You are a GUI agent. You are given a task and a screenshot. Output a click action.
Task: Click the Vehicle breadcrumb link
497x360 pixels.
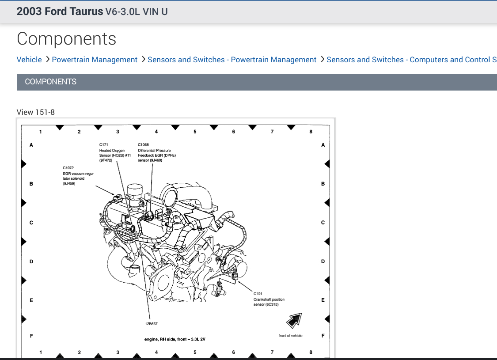[29, 60]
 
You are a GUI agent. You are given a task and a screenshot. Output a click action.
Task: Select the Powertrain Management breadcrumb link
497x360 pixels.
[95, 60]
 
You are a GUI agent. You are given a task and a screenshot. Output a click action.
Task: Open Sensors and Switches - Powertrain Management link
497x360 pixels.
[232, 60]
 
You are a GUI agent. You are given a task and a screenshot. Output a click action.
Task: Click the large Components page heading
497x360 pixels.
[66, 39]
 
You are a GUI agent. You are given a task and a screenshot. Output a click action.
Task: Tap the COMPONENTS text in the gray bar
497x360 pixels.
[50, 82]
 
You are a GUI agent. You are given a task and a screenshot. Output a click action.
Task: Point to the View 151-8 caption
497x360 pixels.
[36, 112]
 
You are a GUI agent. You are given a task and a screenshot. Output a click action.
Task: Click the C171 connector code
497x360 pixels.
[104, 144]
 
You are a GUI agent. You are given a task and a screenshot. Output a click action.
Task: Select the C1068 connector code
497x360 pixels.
[144, 144]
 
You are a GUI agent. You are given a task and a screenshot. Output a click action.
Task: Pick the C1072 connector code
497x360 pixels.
[68, 168]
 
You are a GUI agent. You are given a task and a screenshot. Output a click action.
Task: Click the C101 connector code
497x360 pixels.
[258, 293]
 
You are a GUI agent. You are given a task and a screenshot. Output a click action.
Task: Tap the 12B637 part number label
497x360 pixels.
[152, 324]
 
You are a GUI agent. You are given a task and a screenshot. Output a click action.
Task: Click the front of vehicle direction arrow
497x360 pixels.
[294, 320]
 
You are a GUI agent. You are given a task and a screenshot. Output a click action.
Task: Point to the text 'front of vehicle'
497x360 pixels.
[290, 336]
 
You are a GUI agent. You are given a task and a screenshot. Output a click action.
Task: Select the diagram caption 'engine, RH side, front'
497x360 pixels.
[175, 339]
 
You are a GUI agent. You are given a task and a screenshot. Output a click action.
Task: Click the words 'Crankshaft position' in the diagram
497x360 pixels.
[269, 299]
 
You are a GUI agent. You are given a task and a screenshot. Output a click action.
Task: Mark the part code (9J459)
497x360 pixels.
[69, 183]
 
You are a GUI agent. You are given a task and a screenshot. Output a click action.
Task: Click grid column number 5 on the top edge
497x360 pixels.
[195, 132]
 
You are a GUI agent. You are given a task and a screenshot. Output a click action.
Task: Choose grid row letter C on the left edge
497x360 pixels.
[31, 223]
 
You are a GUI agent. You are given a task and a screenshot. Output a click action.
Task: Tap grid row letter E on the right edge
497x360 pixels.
[323, 300]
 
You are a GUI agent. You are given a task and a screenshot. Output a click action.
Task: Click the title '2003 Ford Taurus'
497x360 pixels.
[60, 11]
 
